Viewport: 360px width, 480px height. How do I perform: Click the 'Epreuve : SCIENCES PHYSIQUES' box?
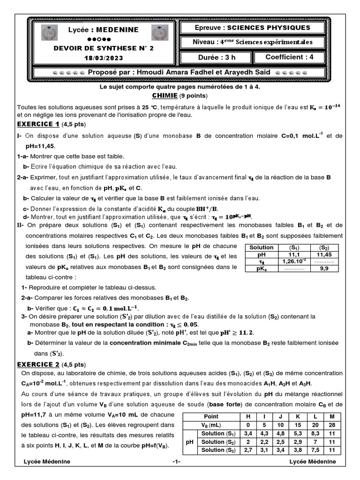click(x=252, y=28)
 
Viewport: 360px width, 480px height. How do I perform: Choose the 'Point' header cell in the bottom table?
click(x=210, y=416)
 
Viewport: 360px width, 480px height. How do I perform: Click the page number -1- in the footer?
click(x=176, y=462)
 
